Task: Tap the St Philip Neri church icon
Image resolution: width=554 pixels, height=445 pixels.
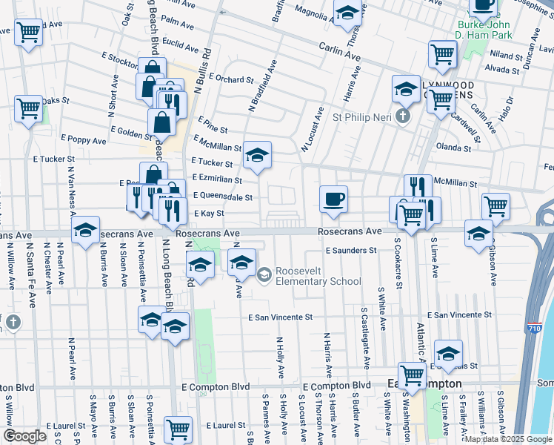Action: [x=402, y=116]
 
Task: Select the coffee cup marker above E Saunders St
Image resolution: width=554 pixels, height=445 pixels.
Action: [x=333, y=200]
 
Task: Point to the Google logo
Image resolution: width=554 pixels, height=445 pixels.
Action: [x=24, y=436]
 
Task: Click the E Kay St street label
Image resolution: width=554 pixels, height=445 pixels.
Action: [x=209, y=214]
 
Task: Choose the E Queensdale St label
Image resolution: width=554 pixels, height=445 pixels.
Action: [x=223, y=197]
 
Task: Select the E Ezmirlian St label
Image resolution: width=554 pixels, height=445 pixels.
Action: [x=216, y=179]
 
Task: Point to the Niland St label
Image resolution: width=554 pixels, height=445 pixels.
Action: [x=506, y=56]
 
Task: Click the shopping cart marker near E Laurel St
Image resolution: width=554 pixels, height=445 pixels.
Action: [x=178, y=428]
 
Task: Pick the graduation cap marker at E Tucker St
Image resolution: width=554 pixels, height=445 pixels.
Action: [x=257, y=155]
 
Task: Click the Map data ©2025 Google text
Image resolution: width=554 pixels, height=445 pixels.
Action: [x=508, y=439]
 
